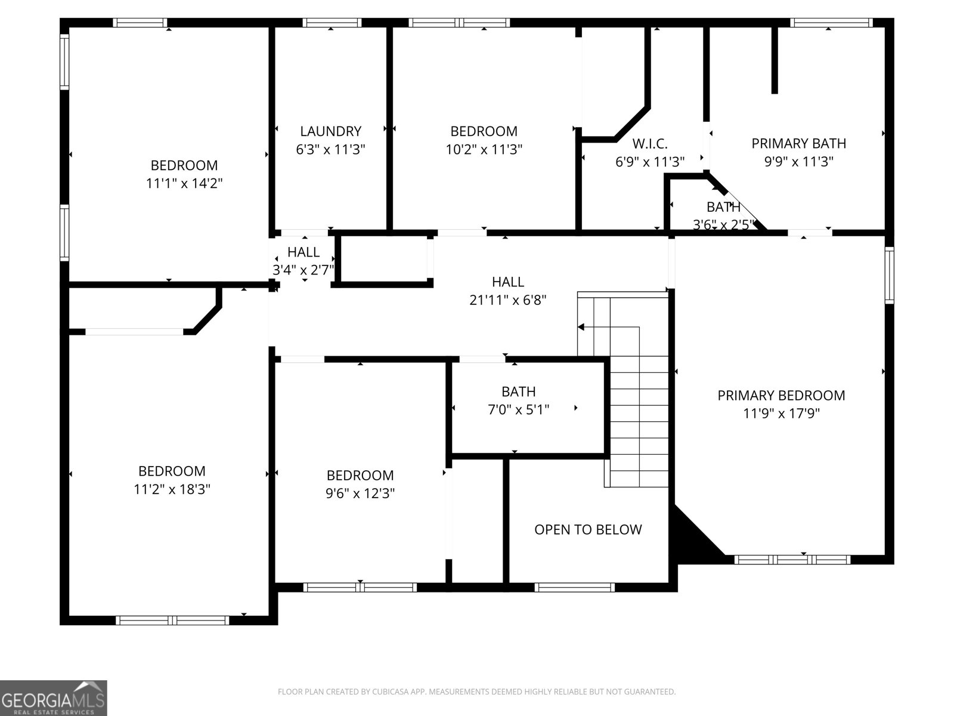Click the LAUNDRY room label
pos(330,131)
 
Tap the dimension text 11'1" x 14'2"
pos(184,184)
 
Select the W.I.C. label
pos(649,144)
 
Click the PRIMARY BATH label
pos(798,143)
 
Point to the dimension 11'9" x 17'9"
pos(781,413)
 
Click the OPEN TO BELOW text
pos(588,530)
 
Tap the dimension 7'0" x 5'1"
pos(518,410)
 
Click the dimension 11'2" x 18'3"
pos(172,490)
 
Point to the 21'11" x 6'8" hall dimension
pos(508,300)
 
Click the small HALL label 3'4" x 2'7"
pos(303,252)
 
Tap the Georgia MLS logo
pos(53,698)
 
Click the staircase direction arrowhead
pos(581,327)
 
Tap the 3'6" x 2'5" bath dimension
pos(723,226)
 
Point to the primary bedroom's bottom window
pos(792,560)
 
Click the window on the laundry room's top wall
pos(332,23)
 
